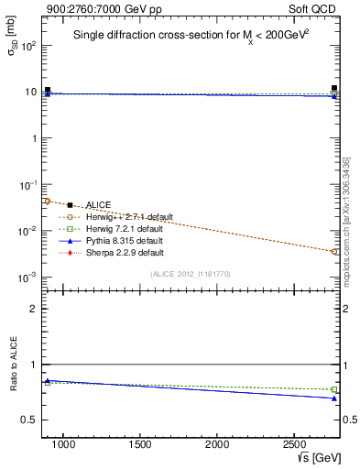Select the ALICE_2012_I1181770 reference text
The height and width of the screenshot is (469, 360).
tap(191, 273)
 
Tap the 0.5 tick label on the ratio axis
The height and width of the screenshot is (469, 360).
tap(27, 420)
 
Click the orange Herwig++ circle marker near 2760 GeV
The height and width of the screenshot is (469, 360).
tap(334, 251)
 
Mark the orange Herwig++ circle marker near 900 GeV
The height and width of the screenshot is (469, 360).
tap(48, 202)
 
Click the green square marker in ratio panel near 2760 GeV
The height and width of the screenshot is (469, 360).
tap(334, 389)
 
